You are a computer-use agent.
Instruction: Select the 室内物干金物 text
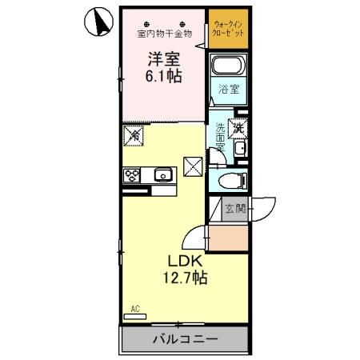tap(164, 34)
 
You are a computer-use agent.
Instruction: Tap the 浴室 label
tap(229, 90)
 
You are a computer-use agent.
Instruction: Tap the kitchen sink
tap(163, 174)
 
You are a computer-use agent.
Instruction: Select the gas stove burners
tap(132, 174)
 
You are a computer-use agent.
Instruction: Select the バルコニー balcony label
tap(185, 339)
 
